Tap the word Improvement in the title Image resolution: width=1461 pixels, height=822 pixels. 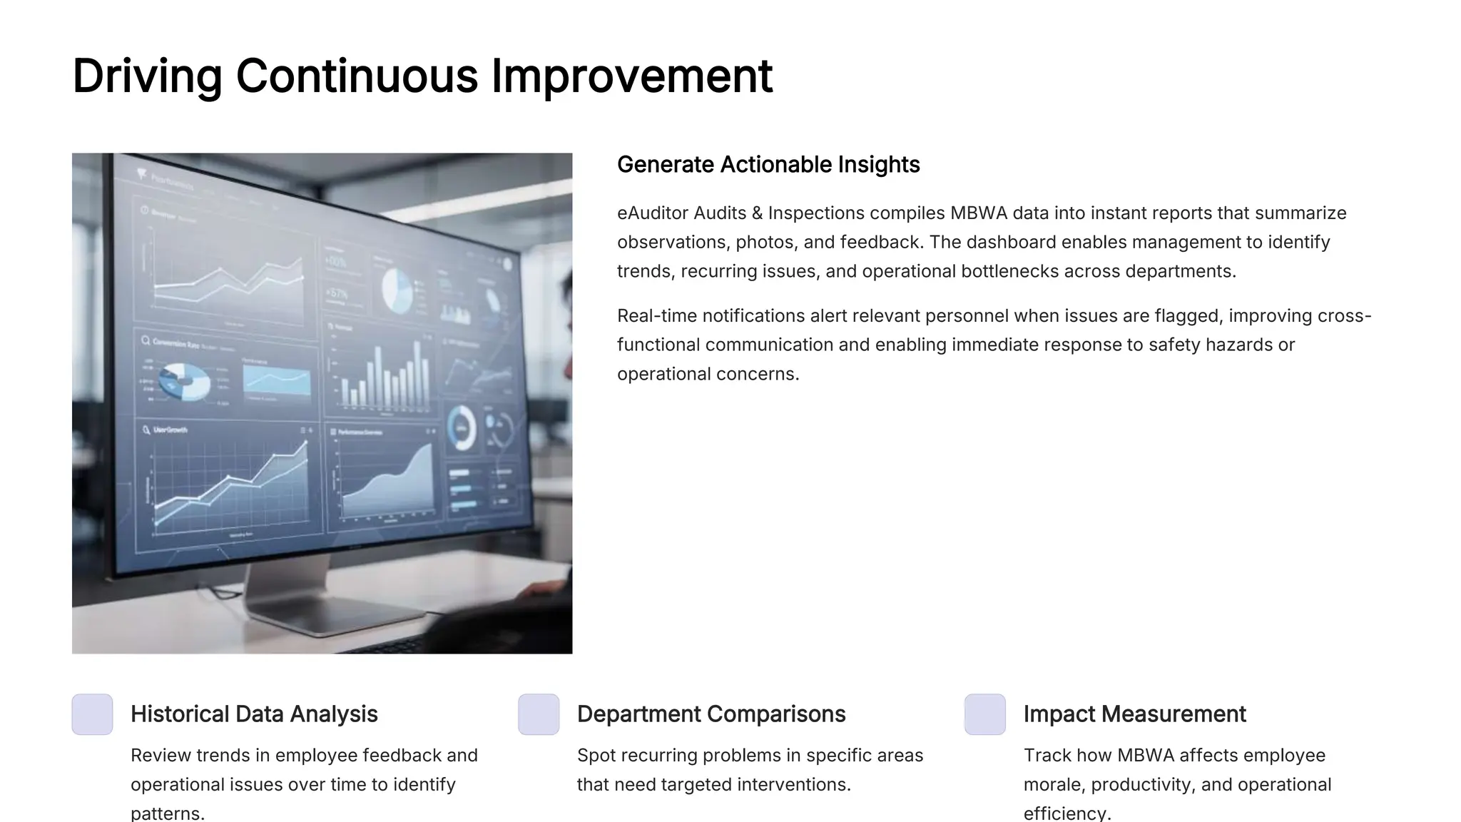[x=631, y=76]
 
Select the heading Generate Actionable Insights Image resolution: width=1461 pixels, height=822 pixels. [x=768, y=165]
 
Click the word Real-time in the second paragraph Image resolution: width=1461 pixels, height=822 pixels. [x=657, y=315]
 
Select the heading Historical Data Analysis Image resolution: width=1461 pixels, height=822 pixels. [x=254, y=714]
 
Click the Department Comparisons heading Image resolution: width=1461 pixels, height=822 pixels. [x=711, y=714]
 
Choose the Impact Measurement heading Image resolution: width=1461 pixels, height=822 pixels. [x=1134, y=714]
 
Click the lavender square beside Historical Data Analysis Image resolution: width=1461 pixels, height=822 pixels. [x=93, y=714]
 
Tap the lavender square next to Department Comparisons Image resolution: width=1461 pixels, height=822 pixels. [x=539, y=714]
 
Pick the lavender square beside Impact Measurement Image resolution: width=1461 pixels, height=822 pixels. [x=985, y=714]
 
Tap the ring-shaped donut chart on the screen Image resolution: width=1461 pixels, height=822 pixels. [x=462, y=428]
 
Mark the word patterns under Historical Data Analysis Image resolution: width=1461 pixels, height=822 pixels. [x=168, y=813]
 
